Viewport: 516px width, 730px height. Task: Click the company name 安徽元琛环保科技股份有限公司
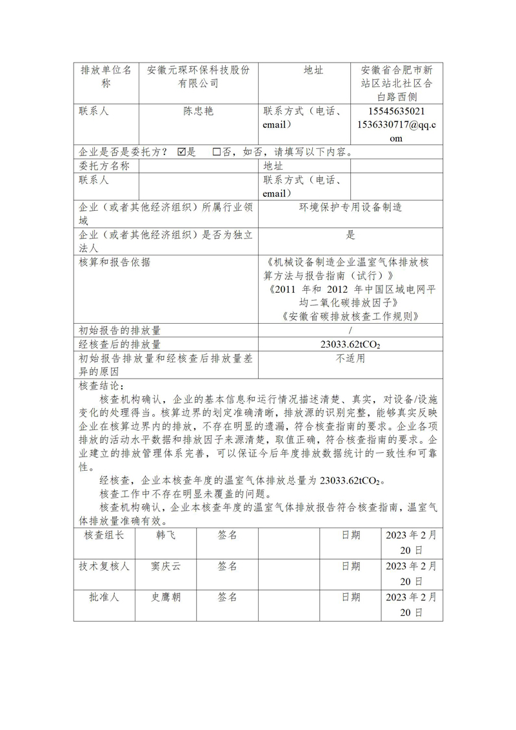coord(198,77)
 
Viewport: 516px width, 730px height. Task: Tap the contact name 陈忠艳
coord(198,111)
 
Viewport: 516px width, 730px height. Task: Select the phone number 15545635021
coord(396,111)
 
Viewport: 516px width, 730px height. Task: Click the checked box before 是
coord(181,152)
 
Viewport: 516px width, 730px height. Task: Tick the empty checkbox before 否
coord(217,152)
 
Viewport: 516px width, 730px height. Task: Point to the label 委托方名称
coord(104,166)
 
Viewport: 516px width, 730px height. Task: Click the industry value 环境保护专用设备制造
coord(350,207)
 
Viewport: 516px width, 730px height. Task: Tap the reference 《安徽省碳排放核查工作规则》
coord(350,316)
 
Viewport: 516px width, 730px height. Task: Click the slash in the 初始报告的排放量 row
coord(350,331)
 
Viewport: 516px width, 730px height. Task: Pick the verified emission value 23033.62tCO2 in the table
coord(350,345)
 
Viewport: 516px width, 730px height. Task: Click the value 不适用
coord(350,359)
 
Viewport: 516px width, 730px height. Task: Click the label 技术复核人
coord(104,566)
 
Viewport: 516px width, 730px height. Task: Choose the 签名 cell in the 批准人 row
coord(228,597)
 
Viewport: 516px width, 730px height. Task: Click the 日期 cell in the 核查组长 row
coord(351,535)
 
